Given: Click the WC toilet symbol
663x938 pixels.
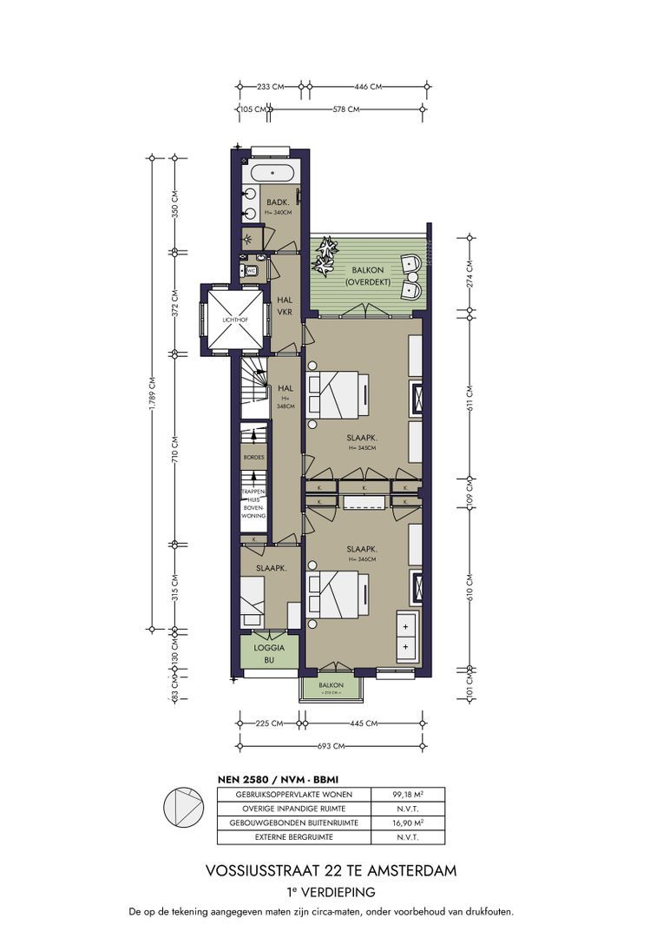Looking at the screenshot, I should [x=251, y=271].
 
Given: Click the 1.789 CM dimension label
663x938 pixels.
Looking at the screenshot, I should [x=153, y=394].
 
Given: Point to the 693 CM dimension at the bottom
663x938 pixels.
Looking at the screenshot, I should [x=331, y=746].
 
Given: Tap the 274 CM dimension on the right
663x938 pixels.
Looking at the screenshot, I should [x=469, y=274].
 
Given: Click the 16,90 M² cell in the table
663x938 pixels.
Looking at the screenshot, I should [x=407, y=822].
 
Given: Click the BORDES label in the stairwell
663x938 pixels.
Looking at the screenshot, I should [x=254, y=457].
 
